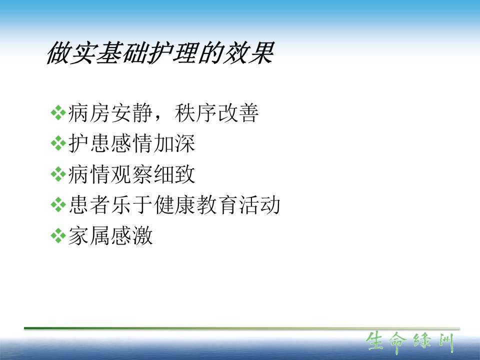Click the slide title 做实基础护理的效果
click(x=160, y=53)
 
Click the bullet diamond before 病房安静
click(x=58, y=112)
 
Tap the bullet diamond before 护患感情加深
click(x=58, y=143)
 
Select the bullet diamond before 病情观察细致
click(x=58, y=174)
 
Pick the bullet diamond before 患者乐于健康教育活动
click(x=58, y=205)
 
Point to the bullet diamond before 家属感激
click(x=58, y=235)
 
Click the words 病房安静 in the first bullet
click(x=110, y=113)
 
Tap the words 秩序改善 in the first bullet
click(x=216, y=113)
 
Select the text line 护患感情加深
click(x=131, y=143)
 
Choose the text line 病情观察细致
click(x=131, y=174)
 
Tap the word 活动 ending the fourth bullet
click(x=259, y=205)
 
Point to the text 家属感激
click(x=110, y=235)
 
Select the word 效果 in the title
click(x=248, y=53)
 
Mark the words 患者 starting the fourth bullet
click(x=89, y=205)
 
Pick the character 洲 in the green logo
click(x=446, y=342)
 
